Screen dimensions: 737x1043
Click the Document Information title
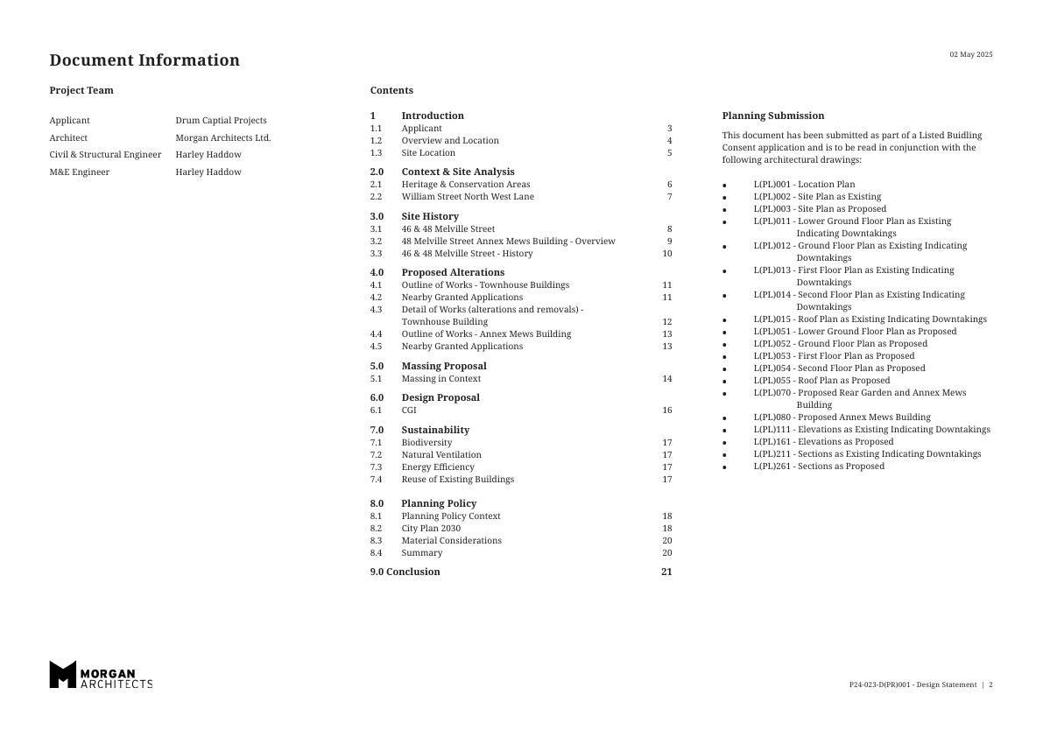coord(144,60)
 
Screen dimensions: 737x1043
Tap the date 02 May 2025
coord(971,54)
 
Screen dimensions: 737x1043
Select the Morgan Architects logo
coord(101,674)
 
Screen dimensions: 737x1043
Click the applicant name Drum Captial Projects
coord(221,121)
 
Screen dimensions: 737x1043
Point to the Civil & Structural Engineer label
coord(105,155)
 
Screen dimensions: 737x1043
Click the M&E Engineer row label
coord(80,172)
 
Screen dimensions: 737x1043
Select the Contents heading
coord(391,90)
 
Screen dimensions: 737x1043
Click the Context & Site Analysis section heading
coord(457,172)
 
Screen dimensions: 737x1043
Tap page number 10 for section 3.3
coord(667,254)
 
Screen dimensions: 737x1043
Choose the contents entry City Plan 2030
coord(431,529)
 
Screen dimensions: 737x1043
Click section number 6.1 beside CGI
coord(376,411)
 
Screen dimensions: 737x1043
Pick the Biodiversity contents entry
coord(426,443)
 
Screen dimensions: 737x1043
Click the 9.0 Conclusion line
coord(405,572)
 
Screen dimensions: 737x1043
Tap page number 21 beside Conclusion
coord(666,572)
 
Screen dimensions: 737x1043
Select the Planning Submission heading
coord(772,116)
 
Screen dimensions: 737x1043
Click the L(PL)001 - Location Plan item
coord(804,185)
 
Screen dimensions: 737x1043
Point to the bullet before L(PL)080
coord(724,418)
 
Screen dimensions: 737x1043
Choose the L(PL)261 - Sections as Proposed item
coord(819,467)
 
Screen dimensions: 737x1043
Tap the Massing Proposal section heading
coord(443,367)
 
